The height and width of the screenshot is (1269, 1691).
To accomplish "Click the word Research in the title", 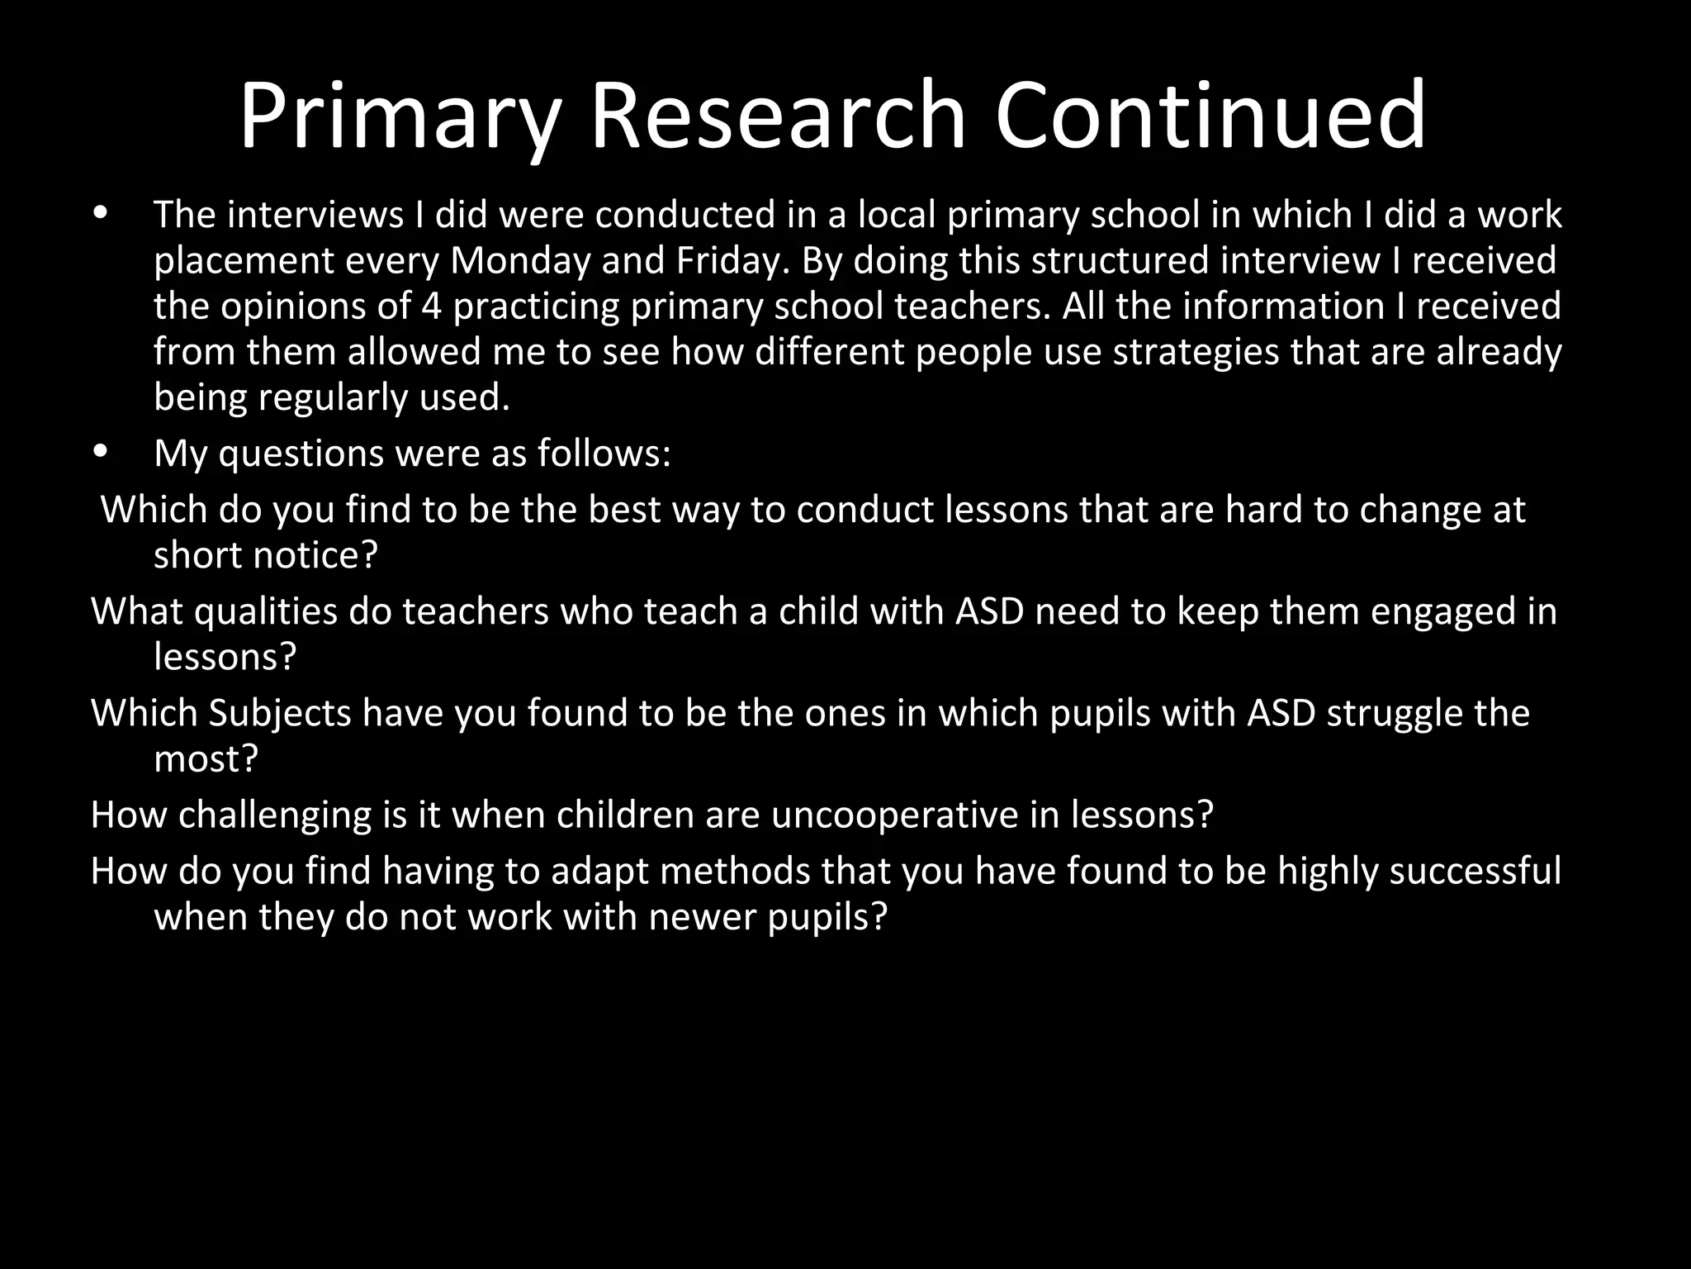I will [x=776, y=116].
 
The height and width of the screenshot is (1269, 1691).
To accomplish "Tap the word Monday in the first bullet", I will [x=520, y=261].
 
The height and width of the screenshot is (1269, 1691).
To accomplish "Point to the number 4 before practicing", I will [x=431, y=307].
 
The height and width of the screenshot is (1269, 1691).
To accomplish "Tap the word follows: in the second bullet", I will [x=604, y=453].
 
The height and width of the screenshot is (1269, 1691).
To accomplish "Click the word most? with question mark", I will [x=206, y=758].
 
